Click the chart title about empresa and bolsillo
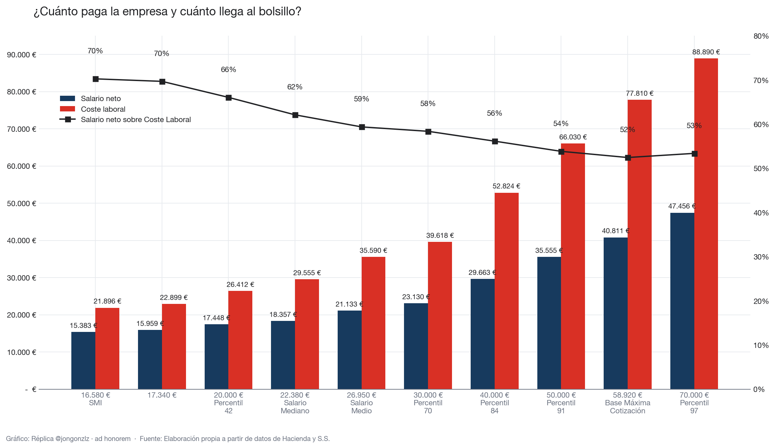click(x=167, y=12)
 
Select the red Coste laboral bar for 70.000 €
click(x=706, y=223)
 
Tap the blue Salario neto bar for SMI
click(x=83, y=360)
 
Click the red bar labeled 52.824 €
click(x=506, y=291)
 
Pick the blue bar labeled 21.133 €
click(x=349, y=350)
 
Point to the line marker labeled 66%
click(x=229, y=98)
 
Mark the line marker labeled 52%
click(x=628, y=157)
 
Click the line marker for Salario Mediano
click(x=295, y=115)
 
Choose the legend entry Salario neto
click(x=90, y=98)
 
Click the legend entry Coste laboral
click(x=93, y=109)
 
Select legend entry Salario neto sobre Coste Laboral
click(x=125, y=119)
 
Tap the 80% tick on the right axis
click(x=761, y=36)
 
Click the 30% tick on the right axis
click(x=761, y=257)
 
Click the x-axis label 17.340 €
click(x=162, y=395)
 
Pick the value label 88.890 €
click(x=706, y=52)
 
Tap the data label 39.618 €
click(x=440, y=236)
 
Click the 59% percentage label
click(x=361, y=99)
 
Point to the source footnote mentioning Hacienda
click(x=235, y=439)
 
